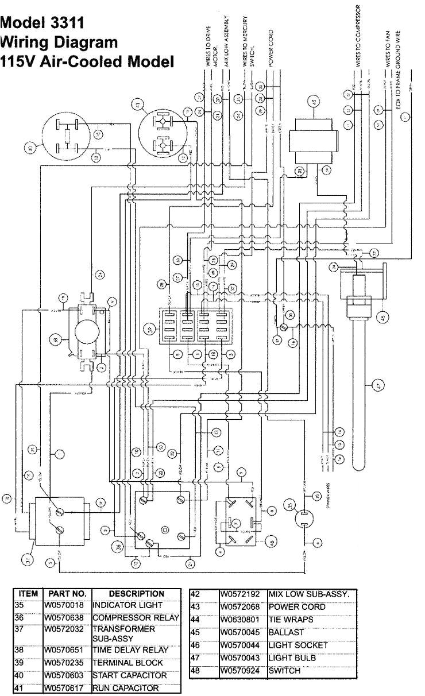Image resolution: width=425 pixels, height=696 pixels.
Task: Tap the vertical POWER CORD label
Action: point(270,49)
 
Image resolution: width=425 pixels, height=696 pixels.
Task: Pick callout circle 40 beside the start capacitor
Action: point(29,148)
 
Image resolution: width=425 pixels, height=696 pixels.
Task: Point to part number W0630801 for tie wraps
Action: point(239,620)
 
